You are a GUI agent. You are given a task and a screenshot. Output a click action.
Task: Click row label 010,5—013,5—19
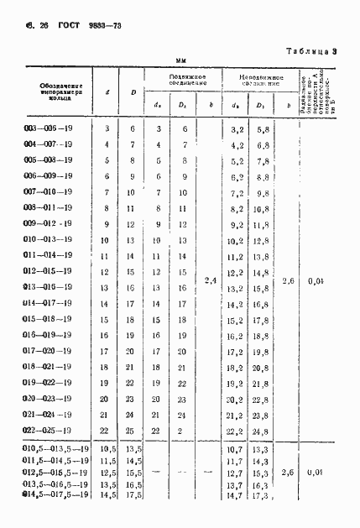tap(51, 451)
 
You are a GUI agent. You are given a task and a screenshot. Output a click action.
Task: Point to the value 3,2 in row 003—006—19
tap(236, 128)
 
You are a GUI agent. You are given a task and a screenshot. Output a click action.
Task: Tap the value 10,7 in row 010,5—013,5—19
tap(236, 451)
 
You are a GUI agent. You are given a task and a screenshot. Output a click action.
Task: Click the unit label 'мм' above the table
tap(180, 60)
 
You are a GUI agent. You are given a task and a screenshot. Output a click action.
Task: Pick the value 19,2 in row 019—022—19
tap(236, 383)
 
